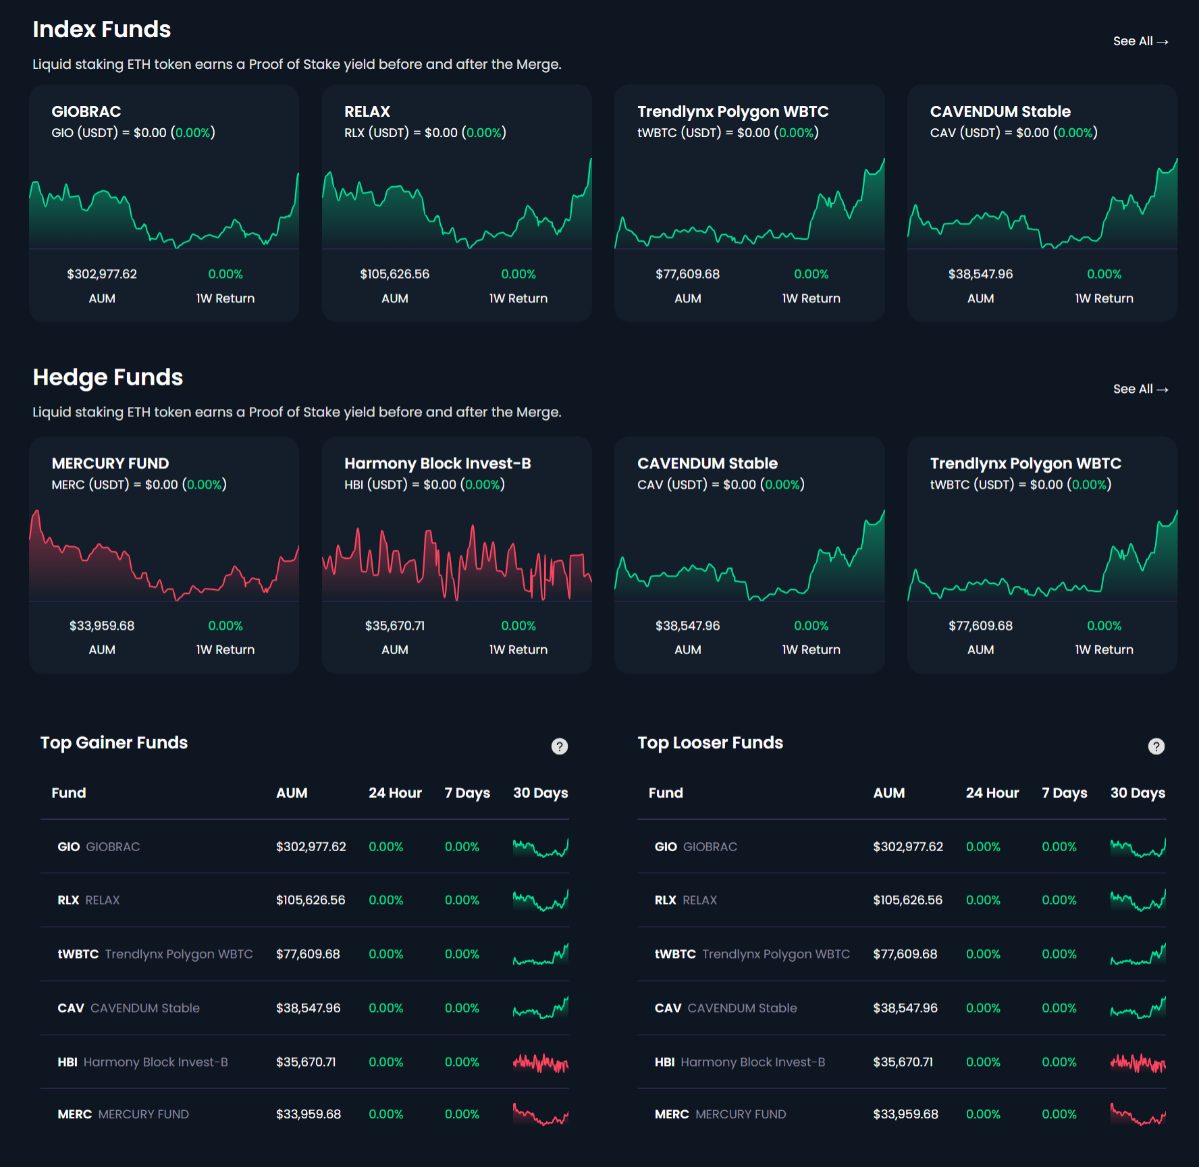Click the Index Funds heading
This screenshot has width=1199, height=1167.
coord(102,30)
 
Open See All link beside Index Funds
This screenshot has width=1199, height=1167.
coord(1140,41)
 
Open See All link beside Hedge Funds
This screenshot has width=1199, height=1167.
coord(1140,389)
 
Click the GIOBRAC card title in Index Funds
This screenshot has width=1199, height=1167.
coord(86,111)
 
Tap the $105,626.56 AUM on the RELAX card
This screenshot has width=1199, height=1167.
coord(394,274)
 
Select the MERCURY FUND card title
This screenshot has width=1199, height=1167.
coord(110,463)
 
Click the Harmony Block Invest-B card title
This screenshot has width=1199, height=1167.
coord(437,463)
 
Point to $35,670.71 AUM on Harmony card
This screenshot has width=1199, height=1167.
coord(394,626)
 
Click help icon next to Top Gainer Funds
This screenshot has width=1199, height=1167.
coord(559,746)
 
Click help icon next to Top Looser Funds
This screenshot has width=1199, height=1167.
coord(1156,746)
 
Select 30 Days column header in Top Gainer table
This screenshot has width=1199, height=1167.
coord(540,793)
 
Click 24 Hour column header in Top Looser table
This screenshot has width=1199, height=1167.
coord(992,793)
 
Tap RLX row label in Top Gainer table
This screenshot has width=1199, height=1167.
coord(88,900)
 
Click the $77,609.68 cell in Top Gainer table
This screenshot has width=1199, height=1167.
coord(308,954)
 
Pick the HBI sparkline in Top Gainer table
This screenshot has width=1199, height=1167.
coord(540,1063)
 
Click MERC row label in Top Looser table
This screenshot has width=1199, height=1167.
coord(720,1114)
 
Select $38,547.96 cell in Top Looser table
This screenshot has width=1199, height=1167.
coord(905,1008)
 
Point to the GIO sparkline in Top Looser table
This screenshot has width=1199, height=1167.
coord(1138,848)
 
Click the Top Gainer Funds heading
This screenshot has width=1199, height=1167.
coord(114,742)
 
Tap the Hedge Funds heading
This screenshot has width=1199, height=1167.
coord(108,377)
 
